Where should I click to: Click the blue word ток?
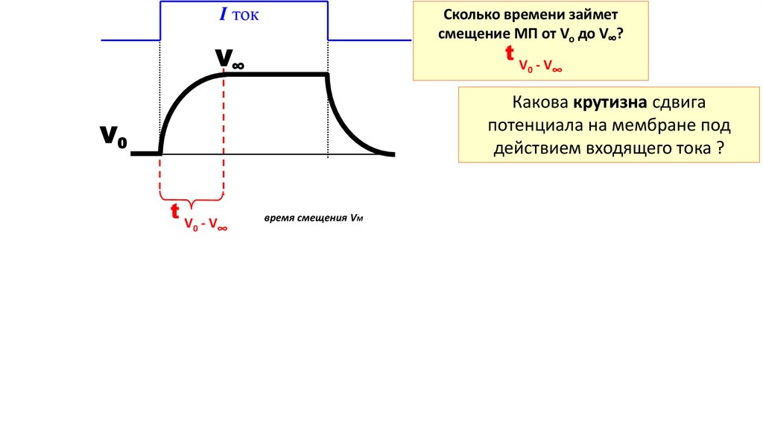click(245, 16)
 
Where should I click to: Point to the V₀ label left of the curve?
click(114, 136)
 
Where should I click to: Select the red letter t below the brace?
click(174, 212)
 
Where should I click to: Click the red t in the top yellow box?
click(510, 53)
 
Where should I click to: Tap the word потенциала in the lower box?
click(533, 125)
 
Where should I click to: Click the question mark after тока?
click(721, 148)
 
